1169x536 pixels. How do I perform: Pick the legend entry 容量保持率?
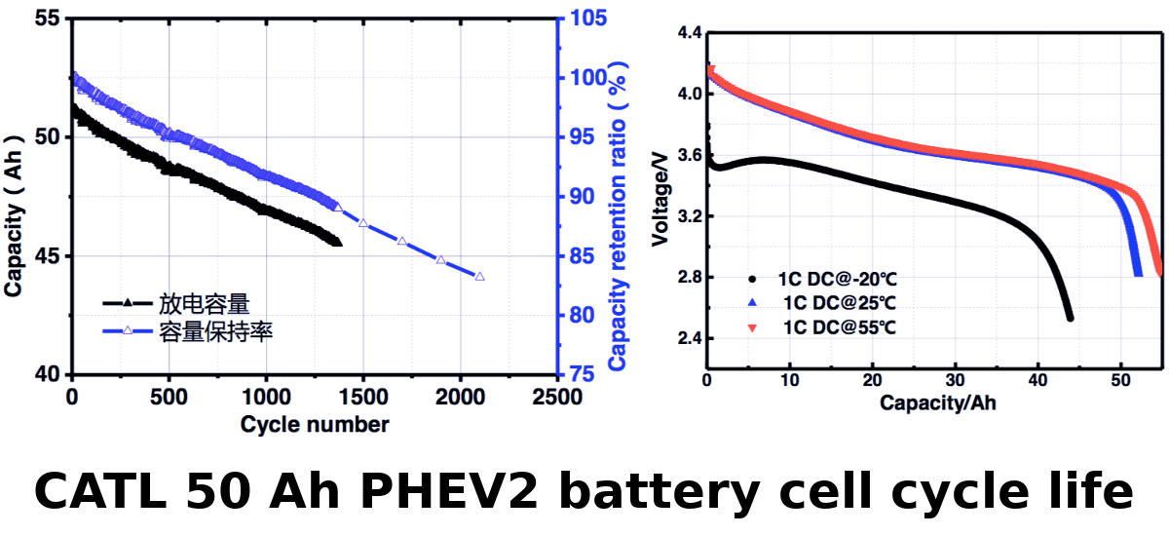point(215,332)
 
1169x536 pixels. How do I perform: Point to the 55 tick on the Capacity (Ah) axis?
point(49,19)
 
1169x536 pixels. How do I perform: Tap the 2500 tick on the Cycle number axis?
point(557,398)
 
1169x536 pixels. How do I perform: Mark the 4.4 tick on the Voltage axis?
point(689,33)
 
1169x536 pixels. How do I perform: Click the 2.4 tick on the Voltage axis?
point(689,339)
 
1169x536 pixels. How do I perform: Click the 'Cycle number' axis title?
point(315,425)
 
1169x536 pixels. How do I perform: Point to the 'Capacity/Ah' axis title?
point(938,402)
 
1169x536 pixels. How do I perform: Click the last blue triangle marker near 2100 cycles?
point(479,277)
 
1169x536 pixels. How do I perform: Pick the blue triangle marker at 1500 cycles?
point(363,223)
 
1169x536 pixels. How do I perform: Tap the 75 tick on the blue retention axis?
point(582,375)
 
